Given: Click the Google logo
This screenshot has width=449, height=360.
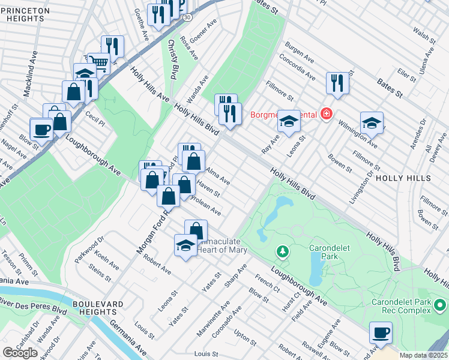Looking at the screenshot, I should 20,352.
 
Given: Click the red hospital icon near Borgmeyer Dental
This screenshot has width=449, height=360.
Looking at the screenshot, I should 326,113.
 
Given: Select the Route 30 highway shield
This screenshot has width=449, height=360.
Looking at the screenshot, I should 188,18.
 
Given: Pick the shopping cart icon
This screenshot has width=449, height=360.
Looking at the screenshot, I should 99,62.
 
